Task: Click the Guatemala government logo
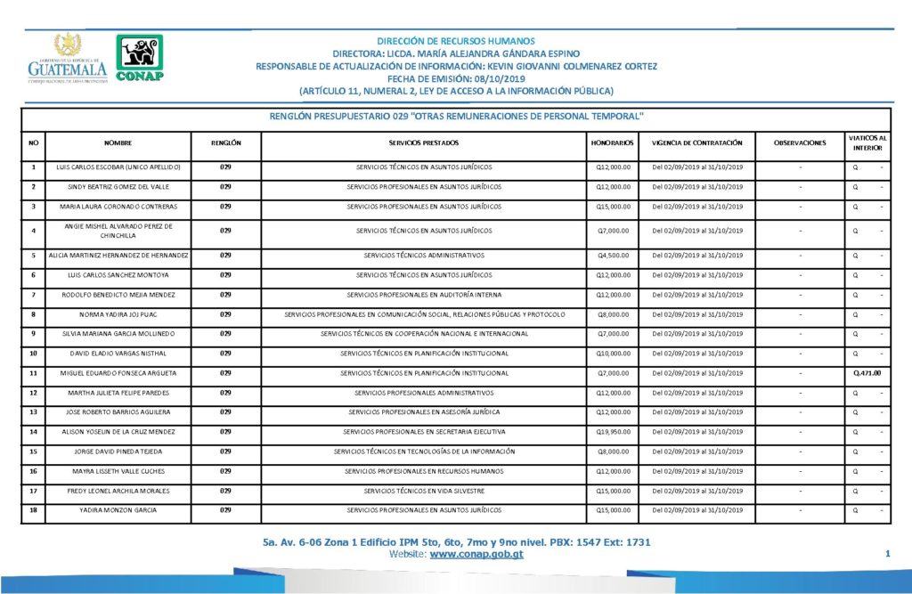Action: tap(67, 59)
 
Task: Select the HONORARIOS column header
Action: tap(613, 142)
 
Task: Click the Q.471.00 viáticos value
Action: tap(867, 373)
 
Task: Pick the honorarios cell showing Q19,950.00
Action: tap(613, 432)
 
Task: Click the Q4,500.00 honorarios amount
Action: tap(614, 256)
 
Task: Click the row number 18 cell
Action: tap(34, 510)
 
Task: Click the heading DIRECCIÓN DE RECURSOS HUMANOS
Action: tap(456, 41)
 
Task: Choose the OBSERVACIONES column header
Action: tap(800, 142)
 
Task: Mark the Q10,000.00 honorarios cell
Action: tap(613, 354)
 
